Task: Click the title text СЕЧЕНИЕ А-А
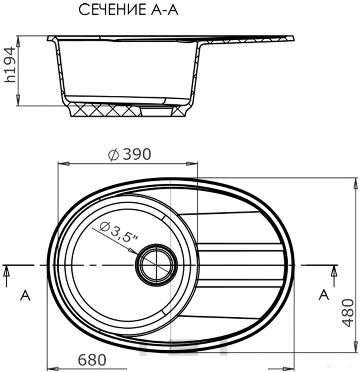tap(128, 10)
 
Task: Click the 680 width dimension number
tap(92, 360)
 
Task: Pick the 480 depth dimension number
tap(347, 312)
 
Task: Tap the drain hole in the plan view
tap(156, 265)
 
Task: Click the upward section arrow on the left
tap(7, 272)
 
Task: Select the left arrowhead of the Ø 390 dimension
tap(61, 164)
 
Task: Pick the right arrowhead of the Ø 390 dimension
tap(193, 164)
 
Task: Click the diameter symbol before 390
tap(113, 155)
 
